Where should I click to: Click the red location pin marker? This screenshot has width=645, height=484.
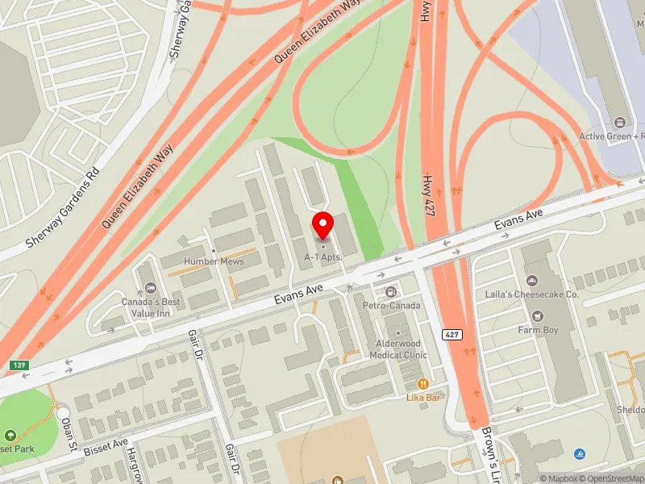[x=323, y=225]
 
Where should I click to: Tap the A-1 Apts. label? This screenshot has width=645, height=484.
[x=323, y=257]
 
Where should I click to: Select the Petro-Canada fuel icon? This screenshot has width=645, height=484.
[x=391, y=291]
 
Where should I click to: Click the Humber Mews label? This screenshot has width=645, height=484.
[x=214, y=261]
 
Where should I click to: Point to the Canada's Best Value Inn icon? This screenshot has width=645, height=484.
[x=151, y=288]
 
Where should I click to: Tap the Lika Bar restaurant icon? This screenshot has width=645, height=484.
[x=422, y=383]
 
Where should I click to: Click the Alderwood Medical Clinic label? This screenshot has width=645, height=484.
[x=398, y=349]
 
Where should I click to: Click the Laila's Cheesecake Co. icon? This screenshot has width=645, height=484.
[x=532, y=280]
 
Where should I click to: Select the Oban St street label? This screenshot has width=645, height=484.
[x=70, y=436]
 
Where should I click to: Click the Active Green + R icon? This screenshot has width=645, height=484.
[x=620, y=122]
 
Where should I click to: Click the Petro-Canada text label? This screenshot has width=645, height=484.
[x=391, y=307]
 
